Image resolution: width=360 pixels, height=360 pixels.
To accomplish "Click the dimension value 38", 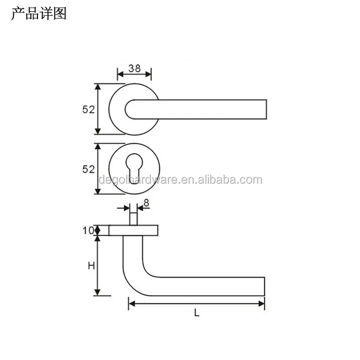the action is point(134,69).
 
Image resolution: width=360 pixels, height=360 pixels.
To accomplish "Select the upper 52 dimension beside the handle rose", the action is point(88,109).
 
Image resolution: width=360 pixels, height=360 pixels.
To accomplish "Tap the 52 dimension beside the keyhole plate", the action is point(88,169).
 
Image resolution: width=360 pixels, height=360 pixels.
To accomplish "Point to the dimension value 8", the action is point(146,203).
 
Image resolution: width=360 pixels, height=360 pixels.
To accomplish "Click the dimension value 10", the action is point(88,230).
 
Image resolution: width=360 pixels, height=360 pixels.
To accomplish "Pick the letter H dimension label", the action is point(90,265).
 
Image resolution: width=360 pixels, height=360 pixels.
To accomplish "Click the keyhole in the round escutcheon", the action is point(134,168).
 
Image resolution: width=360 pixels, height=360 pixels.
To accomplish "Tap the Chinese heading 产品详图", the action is point(38,13).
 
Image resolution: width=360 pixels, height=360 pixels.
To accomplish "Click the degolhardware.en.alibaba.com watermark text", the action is point(180,180).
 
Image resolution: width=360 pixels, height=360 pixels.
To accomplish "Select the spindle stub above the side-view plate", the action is point(134,217).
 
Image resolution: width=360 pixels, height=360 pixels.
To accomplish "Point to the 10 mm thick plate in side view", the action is point(134,230).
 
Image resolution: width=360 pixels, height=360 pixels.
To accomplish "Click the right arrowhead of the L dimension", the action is point(262,303).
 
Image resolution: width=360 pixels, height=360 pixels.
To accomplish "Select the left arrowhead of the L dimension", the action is point(131,303).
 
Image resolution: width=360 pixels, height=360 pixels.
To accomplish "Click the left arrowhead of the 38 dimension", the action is point(120,74).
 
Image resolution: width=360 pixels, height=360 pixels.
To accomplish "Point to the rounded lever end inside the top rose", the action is point(130,109).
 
